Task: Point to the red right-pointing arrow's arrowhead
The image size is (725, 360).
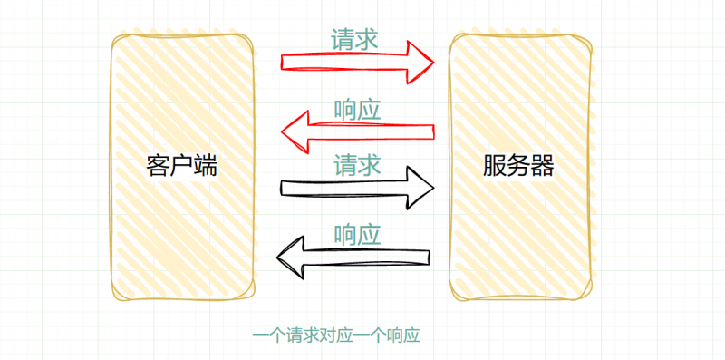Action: pos(420,61)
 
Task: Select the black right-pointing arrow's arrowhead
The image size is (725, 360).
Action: pos(419,188)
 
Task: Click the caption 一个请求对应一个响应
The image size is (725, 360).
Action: pos(336,336)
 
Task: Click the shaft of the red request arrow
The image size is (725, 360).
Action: pos(344,62)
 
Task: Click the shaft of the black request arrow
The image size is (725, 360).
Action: pos(344,188)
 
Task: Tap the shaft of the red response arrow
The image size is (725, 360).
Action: pos(372,132)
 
